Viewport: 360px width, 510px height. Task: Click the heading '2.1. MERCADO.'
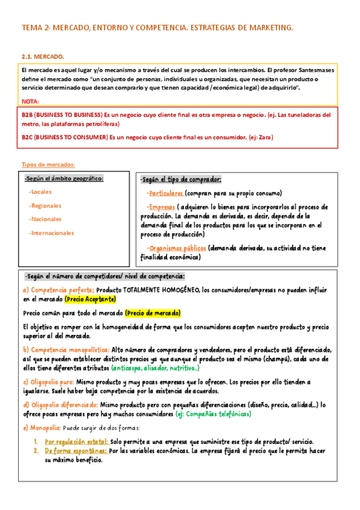pyautogui.click(x=43, y=57)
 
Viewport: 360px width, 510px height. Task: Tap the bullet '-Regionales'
pyautogui.click(x=46, y=206)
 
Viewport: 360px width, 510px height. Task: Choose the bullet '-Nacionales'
pyautogui.click(x=46, y=219)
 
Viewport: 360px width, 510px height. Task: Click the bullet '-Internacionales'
pyautogui.click(x=52, y=233)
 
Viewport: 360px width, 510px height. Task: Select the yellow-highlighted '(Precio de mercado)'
pyautogui.click(x=153, y=313)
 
